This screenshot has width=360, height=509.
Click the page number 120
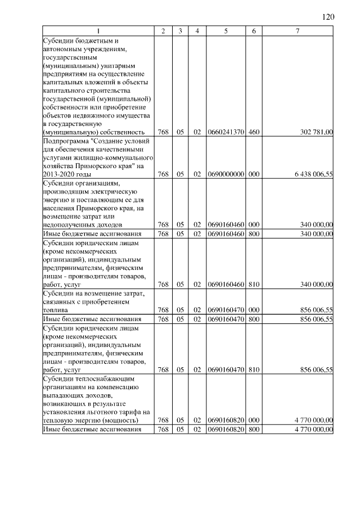coord(328,17)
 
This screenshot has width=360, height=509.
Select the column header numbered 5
coord(225,31)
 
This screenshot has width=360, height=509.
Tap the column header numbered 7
coord(298,31)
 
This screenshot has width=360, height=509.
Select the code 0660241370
coord(225,132)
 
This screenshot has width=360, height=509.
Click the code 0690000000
coord(225,174)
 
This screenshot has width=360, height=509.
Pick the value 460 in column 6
coord(254,132)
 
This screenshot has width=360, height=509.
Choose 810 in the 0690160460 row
coord(254,284)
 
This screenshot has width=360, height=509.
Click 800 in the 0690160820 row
coord(254,429)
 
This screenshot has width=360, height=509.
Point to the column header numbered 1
coord(98,31)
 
